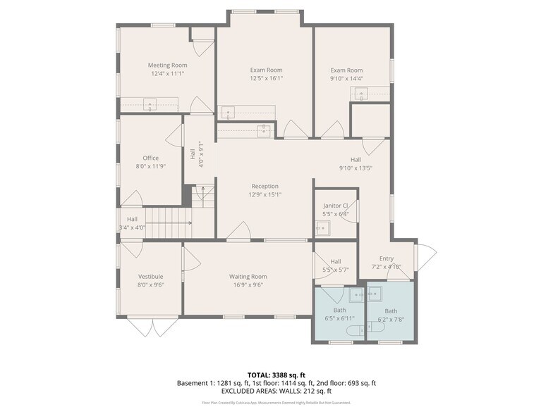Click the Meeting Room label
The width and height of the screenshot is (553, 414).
coord(167,65)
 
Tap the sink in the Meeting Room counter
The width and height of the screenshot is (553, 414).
coord(150,106)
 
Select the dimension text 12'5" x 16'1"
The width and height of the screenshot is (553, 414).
coord(266,79)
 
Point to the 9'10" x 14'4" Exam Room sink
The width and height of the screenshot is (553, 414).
coord(362,95)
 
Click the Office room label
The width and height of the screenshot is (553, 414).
coord(150,158)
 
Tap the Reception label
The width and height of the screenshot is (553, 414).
coord(265,186)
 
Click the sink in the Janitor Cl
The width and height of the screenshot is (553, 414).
coord(322,227)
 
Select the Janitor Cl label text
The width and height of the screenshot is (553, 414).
coord(335,206)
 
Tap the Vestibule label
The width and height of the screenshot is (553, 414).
coord(150,277)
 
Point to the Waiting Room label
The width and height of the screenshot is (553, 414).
coord(248,277)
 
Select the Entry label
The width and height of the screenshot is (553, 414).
coord(386,258)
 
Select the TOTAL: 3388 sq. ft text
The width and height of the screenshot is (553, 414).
coord(276,374)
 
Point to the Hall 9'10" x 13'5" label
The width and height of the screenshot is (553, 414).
coord(355,160)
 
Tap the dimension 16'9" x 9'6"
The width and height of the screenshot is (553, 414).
coord(248,285)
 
